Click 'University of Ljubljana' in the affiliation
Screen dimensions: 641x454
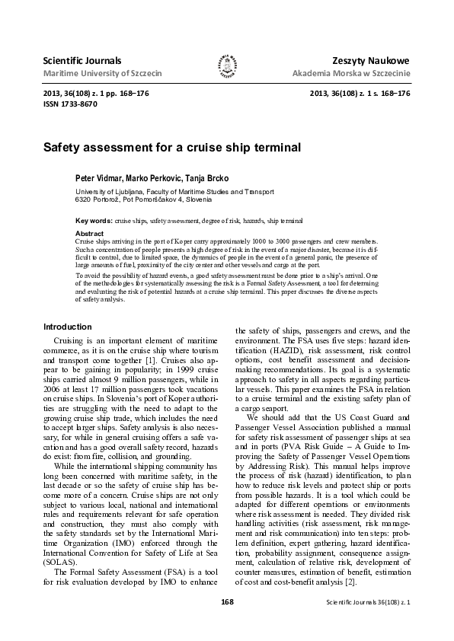(x=111, y=192)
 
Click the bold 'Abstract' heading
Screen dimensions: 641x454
(x=90, y=233)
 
